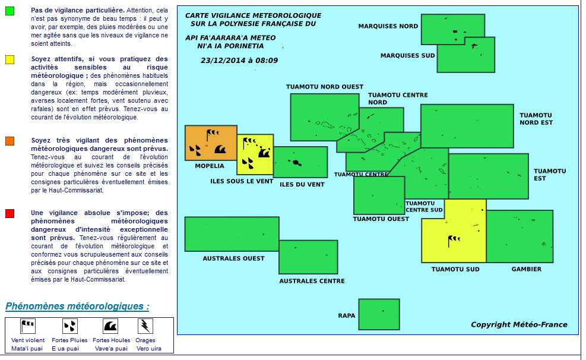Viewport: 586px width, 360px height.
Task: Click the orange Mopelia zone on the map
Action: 211,143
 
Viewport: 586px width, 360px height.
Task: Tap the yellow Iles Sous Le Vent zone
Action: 255,154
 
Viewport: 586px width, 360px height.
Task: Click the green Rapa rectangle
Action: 379,314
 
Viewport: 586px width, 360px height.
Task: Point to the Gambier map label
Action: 527,269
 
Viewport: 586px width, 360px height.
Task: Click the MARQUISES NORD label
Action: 388,26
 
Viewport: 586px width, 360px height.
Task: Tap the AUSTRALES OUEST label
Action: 233,258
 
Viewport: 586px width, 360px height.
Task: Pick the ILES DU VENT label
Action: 302,184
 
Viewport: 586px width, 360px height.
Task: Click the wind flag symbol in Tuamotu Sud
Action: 454,240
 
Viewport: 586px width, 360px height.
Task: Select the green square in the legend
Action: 9,11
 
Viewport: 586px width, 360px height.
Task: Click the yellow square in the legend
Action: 9,59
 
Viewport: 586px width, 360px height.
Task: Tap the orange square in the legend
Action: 9,141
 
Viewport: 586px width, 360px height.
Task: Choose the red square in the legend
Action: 9,213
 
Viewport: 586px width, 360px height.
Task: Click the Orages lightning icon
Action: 145,326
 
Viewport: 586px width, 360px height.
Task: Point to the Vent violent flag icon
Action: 28,326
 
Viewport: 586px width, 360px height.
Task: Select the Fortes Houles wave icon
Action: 110,326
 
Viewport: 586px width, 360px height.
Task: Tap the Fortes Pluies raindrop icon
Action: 69,326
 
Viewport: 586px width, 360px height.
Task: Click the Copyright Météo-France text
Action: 519,324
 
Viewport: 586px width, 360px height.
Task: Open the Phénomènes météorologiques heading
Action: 77,307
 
